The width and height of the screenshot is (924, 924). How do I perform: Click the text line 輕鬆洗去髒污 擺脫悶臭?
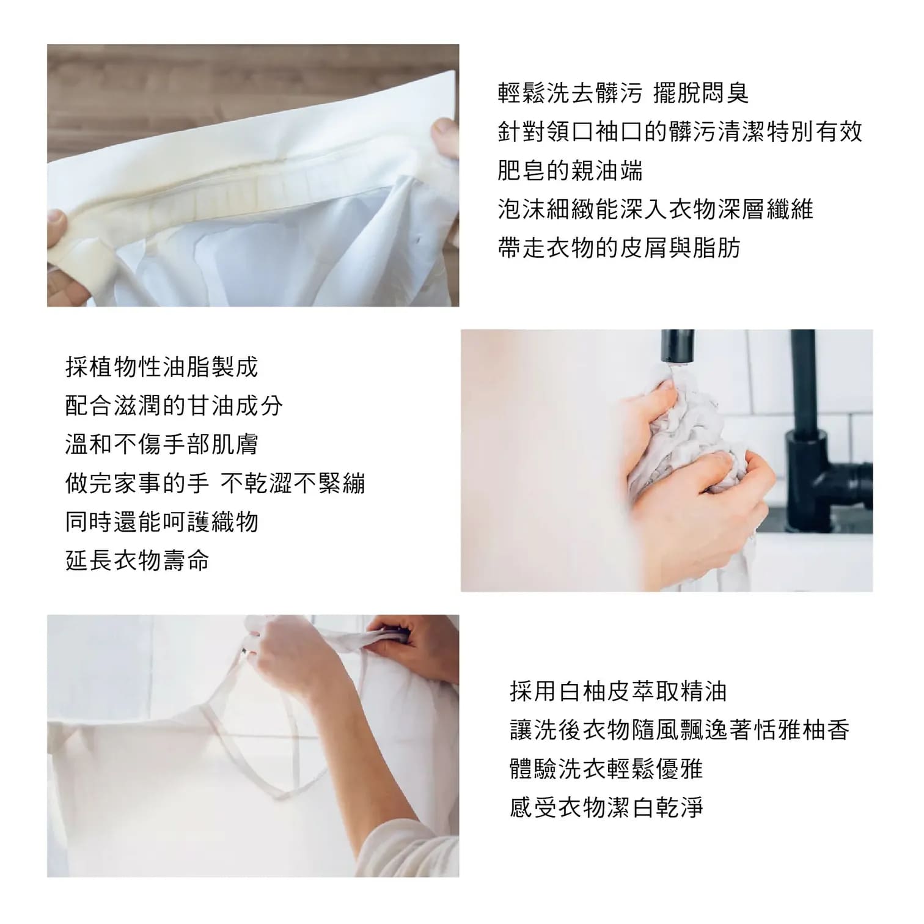[x=623, y=94]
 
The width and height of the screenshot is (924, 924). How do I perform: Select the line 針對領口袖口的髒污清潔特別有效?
[x=680, y=132]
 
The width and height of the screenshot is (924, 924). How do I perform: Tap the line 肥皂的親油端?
[x=570, y=170]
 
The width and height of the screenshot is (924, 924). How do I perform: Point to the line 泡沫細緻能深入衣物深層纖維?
[x=656, y=209]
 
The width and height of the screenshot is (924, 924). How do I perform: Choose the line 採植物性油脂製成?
[x=162, y=367]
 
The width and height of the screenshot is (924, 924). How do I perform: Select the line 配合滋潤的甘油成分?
[x=174, y=405]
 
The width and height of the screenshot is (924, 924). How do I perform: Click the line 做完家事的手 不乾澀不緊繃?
[x=215, y=483]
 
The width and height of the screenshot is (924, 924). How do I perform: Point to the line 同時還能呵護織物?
[x=162, y=522]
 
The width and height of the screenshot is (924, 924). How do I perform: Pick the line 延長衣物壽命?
[x=137, y=560]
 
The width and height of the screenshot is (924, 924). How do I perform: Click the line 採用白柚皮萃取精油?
[x=618, y=691]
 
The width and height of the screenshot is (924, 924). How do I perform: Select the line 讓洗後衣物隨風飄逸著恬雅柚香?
[x=680, y=730]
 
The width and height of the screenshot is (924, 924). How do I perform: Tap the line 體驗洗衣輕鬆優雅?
[x=606, y=768]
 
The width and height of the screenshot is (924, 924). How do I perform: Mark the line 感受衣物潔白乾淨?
[x=606, y=807]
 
